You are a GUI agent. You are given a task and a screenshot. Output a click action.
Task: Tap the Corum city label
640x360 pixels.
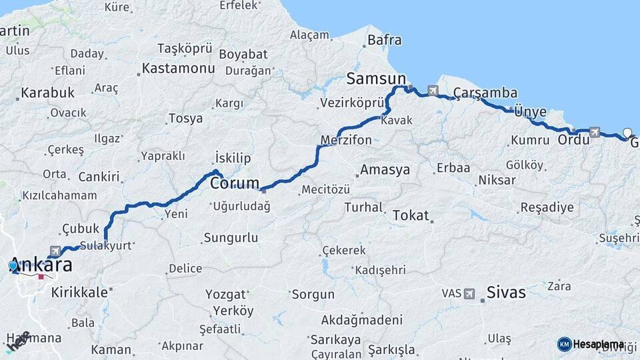235,183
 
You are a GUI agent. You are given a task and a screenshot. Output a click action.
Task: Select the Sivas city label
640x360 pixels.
506,292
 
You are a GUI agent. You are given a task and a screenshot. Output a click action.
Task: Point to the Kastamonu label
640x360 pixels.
178,69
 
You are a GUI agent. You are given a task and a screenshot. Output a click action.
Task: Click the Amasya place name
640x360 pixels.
385,170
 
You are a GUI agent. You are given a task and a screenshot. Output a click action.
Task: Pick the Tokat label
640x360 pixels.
411,215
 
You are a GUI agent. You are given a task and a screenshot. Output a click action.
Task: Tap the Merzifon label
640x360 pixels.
346,141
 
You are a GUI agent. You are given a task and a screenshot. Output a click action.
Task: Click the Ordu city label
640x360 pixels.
573,140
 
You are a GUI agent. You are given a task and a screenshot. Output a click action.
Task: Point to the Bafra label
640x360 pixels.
385,40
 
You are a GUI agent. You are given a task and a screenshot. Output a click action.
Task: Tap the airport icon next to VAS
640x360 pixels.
469,293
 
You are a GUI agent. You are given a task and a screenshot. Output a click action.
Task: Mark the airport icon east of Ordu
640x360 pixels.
595,132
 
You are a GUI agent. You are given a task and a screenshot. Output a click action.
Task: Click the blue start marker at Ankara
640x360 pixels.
13,266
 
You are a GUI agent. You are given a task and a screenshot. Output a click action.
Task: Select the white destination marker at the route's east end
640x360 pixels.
627,132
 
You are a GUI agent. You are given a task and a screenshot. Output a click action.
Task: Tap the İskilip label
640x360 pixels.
233,158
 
